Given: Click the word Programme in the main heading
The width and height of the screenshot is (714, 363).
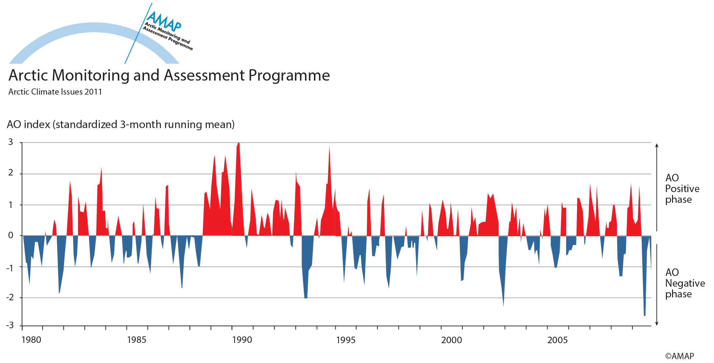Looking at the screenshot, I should (x=289, y=75).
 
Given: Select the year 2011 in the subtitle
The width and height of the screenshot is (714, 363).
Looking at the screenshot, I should (x=93, y=92).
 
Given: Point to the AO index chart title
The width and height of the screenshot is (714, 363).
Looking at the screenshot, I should (x=121, y=124).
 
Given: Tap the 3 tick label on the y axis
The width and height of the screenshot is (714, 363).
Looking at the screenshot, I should (x=11, y=142).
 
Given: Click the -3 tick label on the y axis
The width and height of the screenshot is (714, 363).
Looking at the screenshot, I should (x=10, y=325).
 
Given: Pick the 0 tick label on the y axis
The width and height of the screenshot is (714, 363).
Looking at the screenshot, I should (x=11, y=235).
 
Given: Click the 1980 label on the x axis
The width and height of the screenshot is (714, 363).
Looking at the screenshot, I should (x=31, y=340).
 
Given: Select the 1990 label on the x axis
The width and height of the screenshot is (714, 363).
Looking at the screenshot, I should (x=242, y=340).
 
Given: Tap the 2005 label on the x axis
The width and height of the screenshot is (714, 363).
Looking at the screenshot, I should (x=557, y=340).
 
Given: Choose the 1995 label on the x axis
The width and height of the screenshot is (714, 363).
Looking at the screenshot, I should (x=346, y=340).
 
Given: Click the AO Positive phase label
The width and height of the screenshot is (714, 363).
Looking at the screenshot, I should (x=682, y=188).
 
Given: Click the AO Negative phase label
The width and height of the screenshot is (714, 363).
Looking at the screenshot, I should (x=684, y=283).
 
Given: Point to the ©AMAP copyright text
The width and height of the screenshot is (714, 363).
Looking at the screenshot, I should (x=679, y=356).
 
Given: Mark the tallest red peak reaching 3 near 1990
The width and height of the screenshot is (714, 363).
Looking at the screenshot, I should (x=239, y=144).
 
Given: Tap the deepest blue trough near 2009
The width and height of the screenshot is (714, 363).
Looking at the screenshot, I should (x=644, y=315).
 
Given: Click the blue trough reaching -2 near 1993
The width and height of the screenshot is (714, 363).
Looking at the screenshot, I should (x=306, y=297).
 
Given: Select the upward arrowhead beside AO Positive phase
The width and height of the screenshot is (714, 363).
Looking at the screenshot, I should (x=657, y=146).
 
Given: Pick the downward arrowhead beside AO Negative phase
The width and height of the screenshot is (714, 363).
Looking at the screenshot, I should (x=657, y=323).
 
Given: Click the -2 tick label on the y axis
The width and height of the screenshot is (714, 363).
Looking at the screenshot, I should (x=10, y=297).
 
